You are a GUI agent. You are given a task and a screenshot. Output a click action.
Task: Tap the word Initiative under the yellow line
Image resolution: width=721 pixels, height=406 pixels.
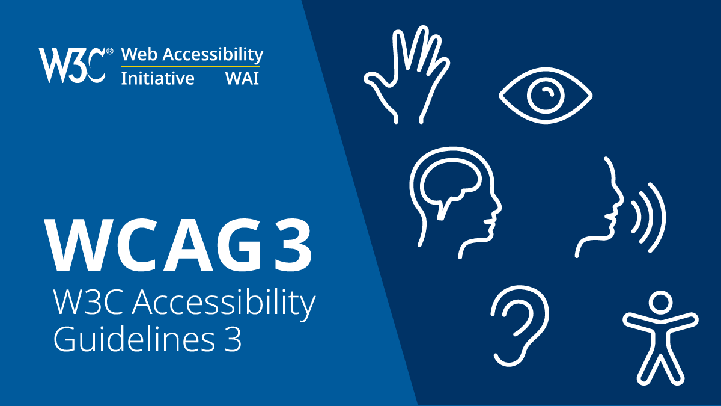pyautogui.click(x=157, y=78)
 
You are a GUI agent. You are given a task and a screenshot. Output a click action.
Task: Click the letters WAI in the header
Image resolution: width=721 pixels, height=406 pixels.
pyautogui.click(x=242, y=78)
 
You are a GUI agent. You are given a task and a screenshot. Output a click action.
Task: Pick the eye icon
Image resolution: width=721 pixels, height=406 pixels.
pyautogui.click(x=546, y=96)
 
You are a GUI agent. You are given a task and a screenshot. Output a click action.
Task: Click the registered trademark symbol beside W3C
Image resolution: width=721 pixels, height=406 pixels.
pyautogui.click(x=109, y=52)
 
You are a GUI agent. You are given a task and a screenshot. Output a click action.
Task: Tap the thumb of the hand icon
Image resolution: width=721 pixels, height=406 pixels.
pyautogui.click(x=377, y=84)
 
